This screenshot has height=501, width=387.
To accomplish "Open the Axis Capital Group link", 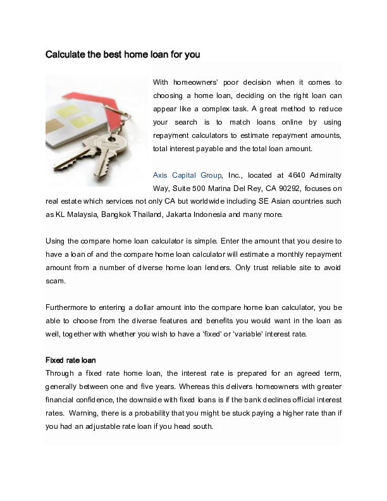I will (x=187, y=175).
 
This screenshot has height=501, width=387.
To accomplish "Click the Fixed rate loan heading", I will (x=71, y=360).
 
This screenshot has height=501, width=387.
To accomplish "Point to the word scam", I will (x=56, y=281).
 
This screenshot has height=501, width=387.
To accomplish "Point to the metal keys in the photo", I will (x=101, y=152).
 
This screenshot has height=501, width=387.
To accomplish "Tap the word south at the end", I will (x=202, y=426).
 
